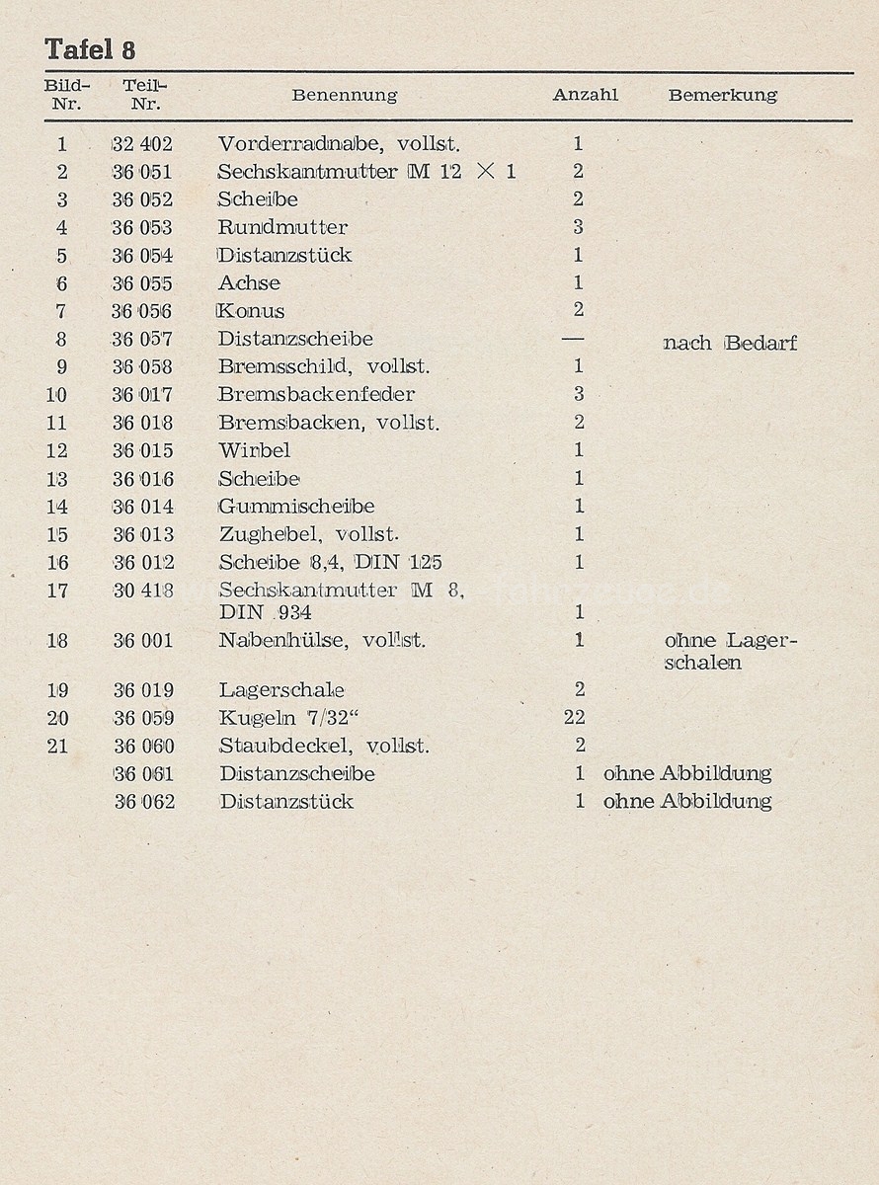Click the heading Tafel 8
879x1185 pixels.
[x=90, y=49]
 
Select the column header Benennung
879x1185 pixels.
[x=344, y=96]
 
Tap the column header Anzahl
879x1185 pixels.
[x=585, y=95]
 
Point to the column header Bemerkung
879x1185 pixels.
[x=722, y=96]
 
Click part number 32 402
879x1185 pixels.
[x=142, y=144]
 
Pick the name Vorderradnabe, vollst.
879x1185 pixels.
[x=339, y=144]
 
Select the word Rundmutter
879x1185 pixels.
[x=282, y=227]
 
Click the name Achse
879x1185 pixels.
[x=250, y=282]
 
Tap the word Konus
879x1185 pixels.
[x=251, y=311]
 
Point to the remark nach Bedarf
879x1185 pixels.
[x=730, y=344]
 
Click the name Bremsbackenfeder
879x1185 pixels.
[x=316, y=394]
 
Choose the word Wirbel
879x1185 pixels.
[x=254, y=450]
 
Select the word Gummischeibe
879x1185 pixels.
[x=296, y=507]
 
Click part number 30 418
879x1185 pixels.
[x=142, y=591]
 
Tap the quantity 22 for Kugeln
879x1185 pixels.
[x=574, y=718]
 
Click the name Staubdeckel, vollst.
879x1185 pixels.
[x=324, y=746]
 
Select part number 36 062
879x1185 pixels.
[x=144, y=802]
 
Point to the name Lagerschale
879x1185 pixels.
[x=281, y=690]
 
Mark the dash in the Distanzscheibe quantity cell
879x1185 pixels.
[x=572, y=339]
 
